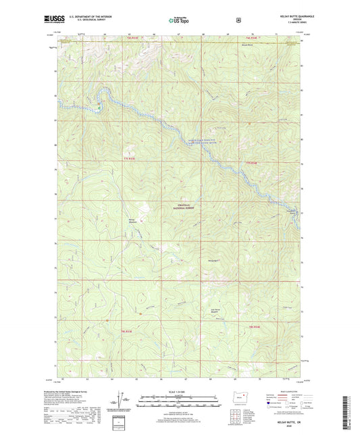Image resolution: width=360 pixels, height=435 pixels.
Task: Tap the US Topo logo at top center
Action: pyautogui.click(x=178, y=20)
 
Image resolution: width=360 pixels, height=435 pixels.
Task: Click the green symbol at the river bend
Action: pyautogui.click(x=99, y=106)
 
